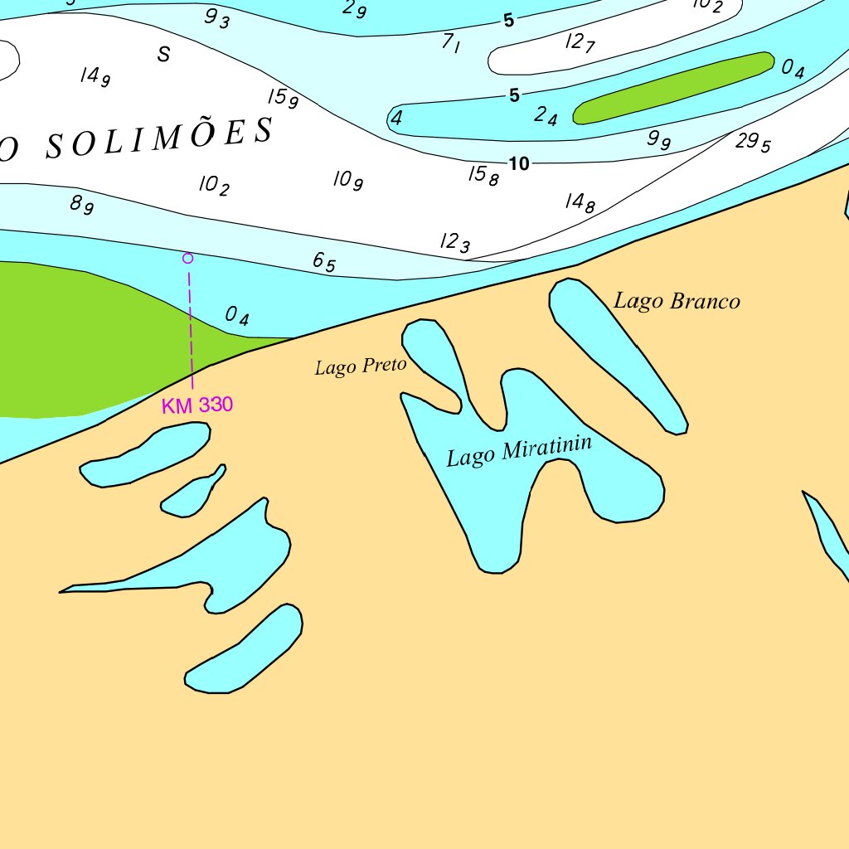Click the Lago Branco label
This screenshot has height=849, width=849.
coord(677,301)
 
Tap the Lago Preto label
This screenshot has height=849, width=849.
coord(360,366)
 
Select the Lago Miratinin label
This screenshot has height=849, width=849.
coord(519,451)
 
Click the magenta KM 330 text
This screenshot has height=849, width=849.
coord(197,405)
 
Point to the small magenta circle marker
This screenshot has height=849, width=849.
coord(188,258)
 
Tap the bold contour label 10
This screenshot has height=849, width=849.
coord(519,164)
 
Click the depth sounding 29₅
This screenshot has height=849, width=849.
coord(753,143)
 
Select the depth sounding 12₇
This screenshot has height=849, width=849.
coord(580,42)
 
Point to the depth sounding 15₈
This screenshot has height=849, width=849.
coord(483,175)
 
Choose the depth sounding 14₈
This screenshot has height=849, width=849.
coord(580,201)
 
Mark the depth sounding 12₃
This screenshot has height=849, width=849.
coord(455,242)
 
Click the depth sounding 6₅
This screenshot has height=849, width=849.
coord(324,262)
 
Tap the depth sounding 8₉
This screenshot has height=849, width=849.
coord(81,204)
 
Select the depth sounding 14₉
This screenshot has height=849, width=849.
coord(95,76)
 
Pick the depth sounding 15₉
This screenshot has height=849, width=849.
coord(283,98)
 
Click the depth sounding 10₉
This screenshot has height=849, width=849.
coord(348,179)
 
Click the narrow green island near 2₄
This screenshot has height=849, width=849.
coord(673,88)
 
